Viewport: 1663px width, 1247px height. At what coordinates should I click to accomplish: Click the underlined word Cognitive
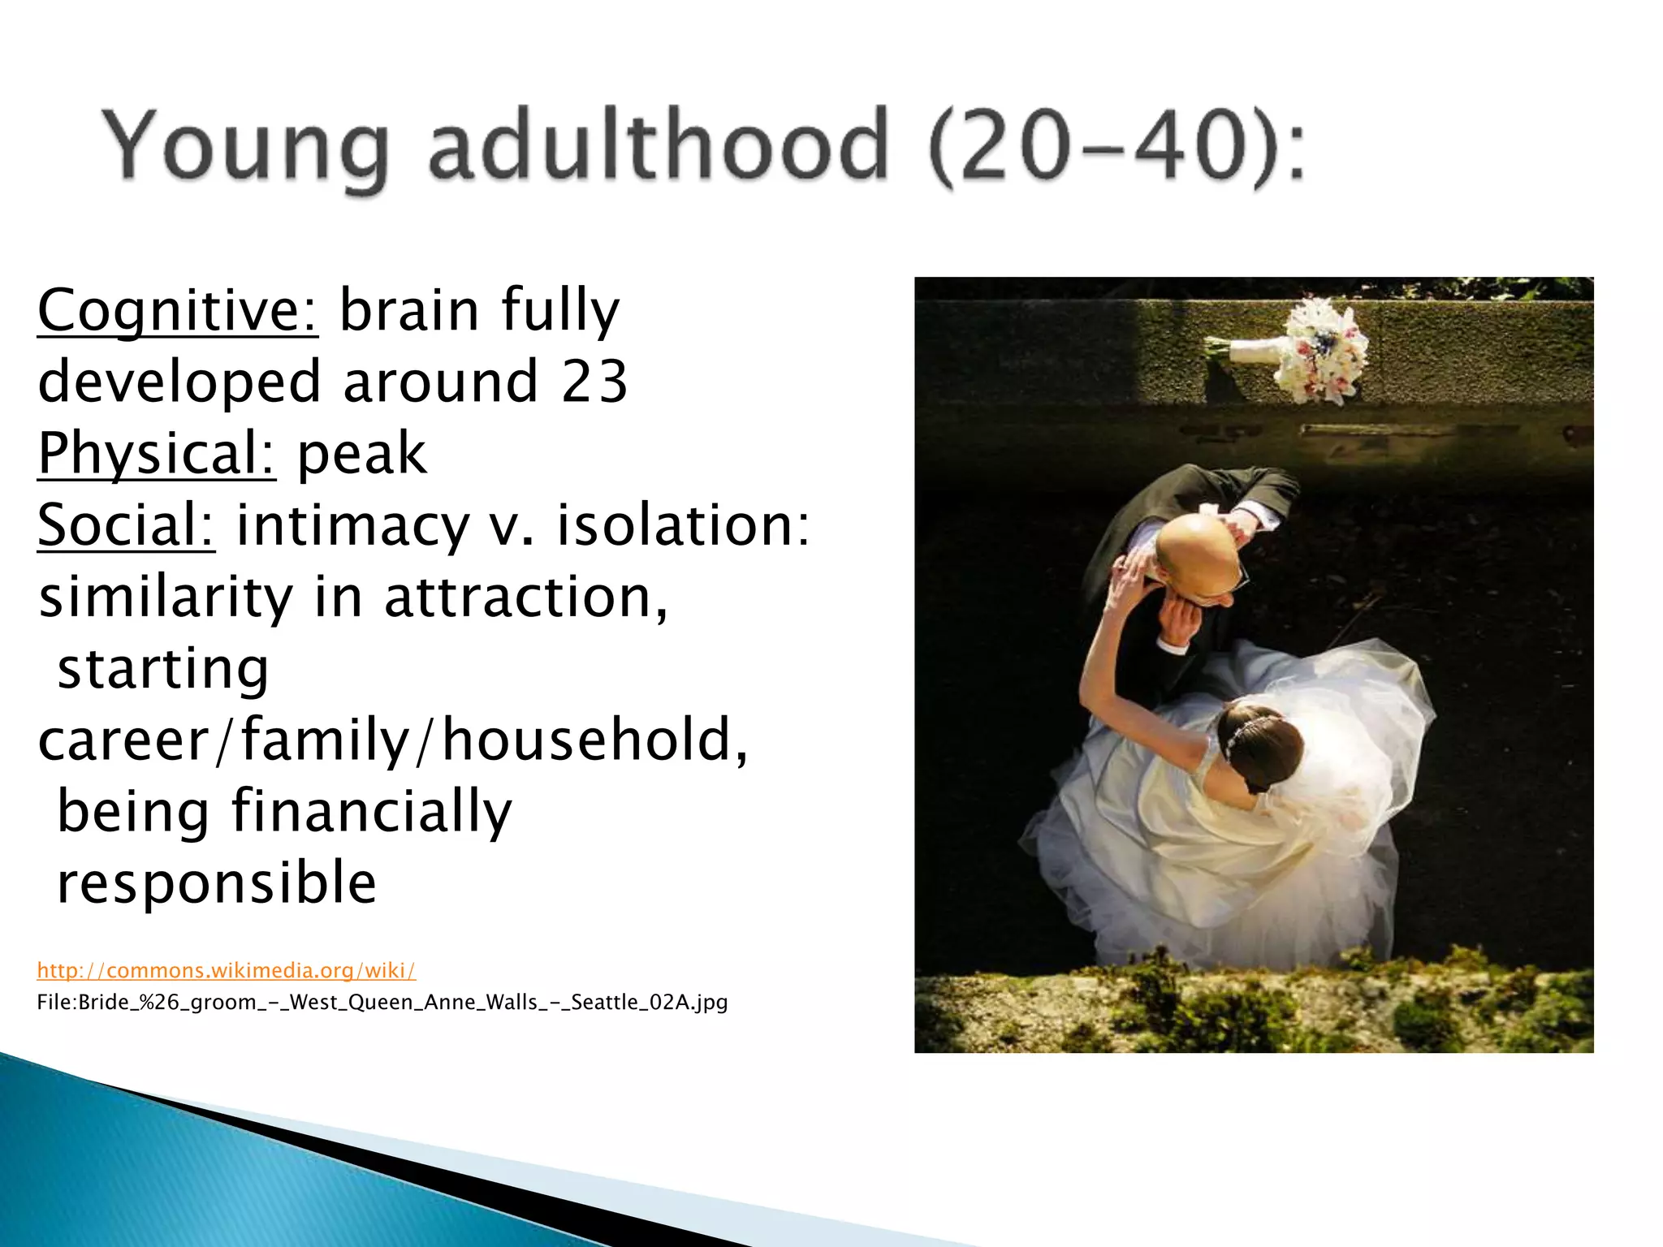tap(178, 310)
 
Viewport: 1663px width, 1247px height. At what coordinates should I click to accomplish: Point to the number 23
tap(594, 382)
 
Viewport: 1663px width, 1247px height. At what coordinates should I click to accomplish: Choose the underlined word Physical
tap(157, 453)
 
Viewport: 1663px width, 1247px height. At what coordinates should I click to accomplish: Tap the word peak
tap(361, 453)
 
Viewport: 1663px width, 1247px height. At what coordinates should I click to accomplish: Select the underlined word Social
tap(126, 525)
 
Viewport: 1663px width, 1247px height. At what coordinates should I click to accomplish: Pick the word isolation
tap(682, 525)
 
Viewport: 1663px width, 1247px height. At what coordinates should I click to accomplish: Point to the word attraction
tap(525, 597)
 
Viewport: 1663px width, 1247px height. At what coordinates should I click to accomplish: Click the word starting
tap(162, 669)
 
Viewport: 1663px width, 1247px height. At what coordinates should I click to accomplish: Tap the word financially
tap(372, 811)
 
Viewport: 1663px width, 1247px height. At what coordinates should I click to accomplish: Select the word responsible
tap(217, 882)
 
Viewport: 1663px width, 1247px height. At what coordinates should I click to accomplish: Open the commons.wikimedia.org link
tap(227, 970)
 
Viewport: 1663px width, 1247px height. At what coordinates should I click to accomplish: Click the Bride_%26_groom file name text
tap(382, 1002)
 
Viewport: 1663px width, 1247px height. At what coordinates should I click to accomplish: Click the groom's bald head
tap(1198, 552)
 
